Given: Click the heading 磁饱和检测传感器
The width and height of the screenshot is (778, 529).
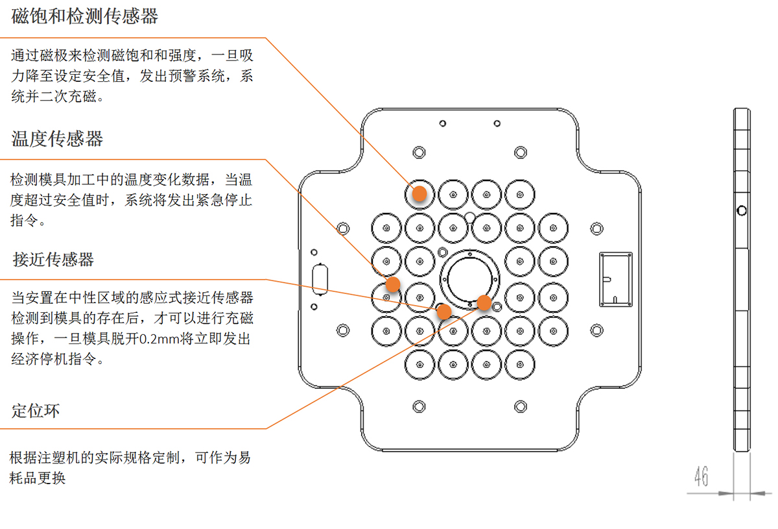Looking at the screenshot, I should (x=85, y=17).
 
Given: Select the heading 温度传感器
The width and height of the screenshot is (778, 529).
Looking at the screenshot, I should (x=58, y=139).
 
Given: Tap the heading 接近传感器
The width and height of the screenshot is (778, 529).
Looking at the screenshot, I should (x=54, y=260).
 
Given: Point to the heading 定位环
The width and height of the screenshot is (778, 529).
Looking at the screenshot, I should (x=36, y=411).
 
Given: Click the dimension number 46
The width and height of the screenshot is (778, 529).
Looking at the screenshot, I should (x=701, y=477).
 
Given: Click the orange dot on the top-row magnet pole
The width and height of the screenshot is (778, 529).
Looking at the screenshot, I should (x=419, y=193).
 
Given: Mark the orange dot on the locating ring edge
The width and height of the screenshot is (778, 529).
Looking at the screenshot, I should (x=484, y=302).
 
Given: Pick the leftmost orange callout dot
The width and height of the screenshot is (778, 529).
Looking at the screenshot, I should (x=392, y=284).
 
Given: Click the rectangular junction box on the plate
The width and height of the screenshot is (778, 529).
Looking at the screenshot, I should (x=615, y=279).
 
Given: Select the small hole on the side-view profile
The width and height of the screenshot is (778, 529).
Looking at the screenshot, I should (x=742, y=210).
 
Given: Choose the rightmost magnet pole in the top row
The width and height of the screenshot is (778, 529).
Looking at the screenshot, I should (x=520, y=193).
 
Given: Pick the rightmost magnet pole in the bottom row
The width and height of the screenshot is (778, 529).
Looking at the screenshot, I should (x=520, y=363).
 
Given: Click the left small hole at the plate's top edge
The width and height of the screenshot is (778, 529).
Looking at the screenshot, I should (x=442, y=123).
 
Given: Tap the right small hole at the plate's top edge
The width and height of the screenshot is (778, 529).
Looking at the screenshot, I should (x=497, y=123).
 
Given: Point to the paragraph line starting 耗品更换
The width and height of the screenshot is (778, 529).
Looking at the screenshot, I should (x=38, y=479).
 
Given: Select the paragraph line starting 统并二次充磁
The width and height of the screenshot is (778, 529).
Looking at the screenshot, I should (x=57, y=97).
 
